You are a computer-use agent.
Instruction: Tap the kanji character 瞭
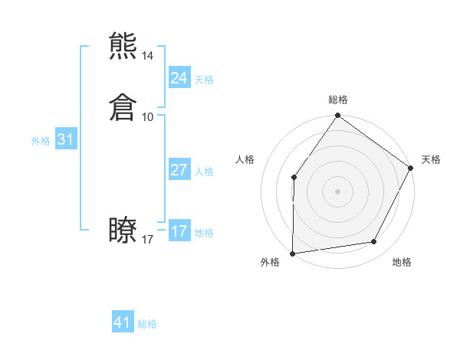[123, 231]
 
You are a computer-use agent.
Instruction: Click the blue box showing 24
[179, 78]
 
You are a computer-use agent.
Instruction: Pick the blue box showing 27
[179, 170]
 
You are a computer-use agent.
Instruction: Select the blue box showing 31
[65, 140]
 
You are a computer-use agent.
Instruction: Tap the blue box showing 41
[123, 322]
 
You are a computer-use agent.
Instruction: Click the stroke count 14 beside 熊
[148, 56]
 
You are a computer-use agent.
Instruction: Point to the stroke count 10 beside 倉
[148, 117]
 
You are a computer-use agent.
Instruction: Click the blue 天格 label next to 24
[204, 80]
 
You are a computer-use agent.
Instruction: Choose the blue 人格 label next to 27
[204, 172]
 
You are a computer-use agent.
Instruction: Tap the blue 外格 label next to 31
[41, 141]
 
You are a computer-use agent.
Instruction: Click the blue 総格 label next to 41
[147, 324]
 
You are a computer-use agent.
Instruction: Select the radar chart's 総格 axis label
[338, 100]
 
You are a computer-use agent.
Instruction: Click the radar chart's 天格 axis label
[431, 159]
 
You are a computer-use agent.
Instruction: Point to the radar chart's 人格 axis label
[245, 159]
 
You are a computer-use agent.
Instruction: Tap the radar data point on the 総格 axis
[338, 116]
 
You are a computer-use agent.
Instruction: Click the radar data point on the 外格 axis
[293, 253]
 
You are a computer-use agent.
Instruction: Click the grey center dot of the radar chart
[338, 191]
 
